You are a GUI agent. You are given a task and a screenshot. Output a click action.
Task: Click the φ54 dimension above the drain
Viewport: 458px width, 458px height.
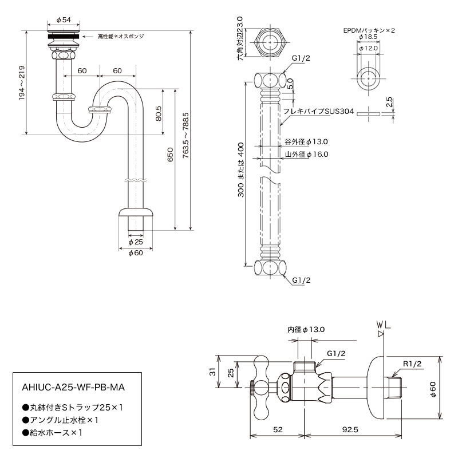tap(64, 20)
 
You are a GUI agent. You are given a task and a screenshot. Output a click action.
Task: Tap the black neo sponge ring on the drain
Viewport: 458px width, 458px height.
tap(64, 37)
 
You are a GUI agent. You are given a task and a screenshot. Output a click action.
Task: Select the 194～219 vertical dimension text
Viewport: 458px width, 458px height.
tap(22, 83)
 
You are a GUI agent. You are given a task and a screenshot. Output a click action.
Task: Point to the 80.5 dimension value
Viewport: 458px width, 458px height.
tap(159, 113)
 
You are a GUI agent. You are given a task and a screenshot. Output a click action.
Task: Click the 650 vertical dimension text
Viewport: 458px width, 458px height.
tap(170, 155)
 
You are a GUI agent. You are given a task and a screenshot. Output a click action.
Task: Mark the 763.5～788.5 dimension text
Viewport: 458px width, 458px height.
tap(185, 136)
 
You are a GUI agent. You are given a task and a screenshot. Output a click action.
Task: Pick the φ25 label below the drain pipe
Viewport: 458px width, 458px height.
tap(136, 242)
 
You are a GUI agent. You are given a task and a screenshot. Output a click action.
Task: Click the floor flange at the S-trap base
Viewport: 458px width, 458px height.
tap(136, 212)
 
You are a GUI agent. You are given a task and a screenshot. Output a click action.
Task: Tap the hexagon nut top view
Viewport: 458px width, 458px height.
tap(270, 42)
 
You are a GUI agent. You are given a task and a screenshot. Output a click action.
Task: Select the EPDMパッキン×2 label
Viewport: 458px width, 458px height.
tap(369, 30)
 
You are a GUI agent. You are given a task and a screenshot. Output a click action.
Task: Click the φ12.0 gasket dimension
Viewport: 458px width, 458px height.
tap(368, 48)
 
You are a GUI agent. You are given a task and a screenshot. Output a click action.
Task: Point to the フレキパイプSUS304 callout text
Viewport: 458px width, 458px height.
tap(318, 111)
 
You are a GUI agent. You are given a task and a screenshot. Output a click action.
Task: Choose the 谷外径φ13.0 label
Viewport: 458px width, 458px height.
tap(306, 141)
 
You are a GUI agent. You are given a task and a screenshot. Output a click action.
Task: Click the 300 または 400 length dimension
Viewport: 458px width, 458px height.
tap(240, 169)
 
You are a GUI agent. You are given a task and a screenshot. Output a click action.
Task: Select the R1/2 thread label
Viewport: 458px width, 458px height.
tap(412, 364)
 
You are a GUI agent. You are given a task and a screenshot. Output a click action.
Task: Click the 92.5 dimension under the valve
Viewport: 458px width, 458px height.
tap(350, 430)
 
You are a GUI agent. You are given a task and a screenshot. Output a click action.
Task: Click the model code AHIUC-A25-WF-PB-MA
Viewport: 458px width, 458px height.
tap(73, 388)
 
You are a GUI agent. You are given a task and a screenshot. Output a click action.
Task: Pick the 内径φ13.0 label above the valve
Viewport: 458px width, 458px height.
tap(306, 330)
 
